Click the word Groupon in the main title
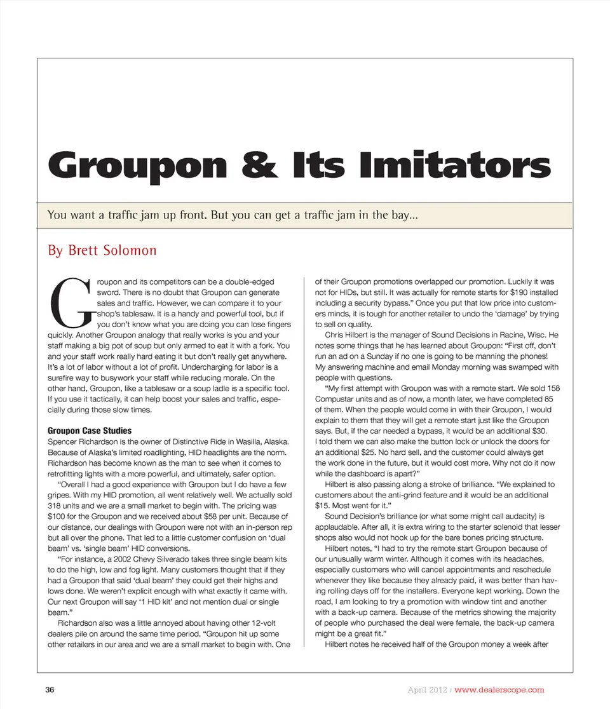pyautogui.click(x=137, y=165)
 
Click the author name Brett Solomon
pyautogui.click(x=102, y=250)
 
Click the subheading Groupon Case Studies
pyautogui.click(x=90, y=431)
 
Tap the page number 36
pyautogui.click(x=50, y=690)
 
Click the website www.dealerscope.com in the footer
pyautogui.click(x=499, y=690)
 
